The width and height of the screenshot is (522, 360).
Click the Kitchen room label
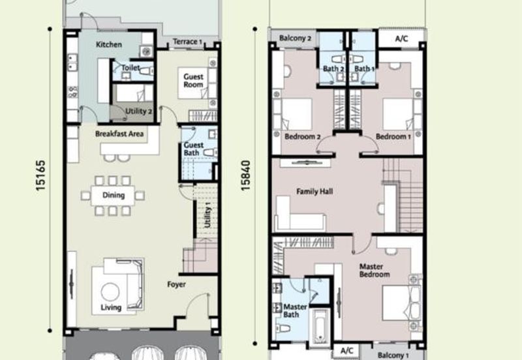pos(109,44)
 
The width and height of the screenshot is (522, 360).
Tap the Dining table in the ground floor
pos(113,195)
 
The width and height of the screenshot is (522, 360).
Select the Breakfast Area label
pos(119,134)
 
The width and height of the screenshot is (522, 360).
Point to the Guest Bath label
pos(193,149)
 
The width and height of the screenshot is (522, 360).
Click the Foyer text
pos(176,284)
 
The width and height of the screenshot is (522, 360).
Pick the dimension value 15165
pos(40,175)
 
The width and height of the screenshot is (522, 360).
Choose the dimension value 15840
pos(245,175)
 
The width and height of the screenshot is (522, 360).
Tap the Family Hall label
pos(315,191)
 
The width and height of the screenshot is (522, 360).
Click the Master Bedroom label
pos(375,271)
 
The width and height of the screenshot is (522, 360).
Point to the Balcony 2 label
pos(296,38)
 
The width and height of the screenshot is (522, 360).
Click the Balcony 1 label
pos(393,355)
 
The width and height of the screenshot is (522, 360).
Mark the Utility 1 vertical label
pos(207,217)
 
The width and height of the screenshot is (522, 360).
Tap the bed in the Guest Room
pos(192,83)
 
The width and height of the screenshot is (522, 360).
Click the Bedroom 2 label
pos(303,136)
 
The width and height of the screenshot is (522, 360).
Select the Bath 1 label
pos(364,68)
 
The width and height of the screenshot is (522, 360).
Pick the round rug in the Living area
pos(110,292)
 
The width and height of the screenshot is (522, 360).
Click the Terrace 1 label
pos(187,42)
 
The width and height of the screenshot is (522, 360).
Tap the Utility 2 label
pos(139,111)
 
